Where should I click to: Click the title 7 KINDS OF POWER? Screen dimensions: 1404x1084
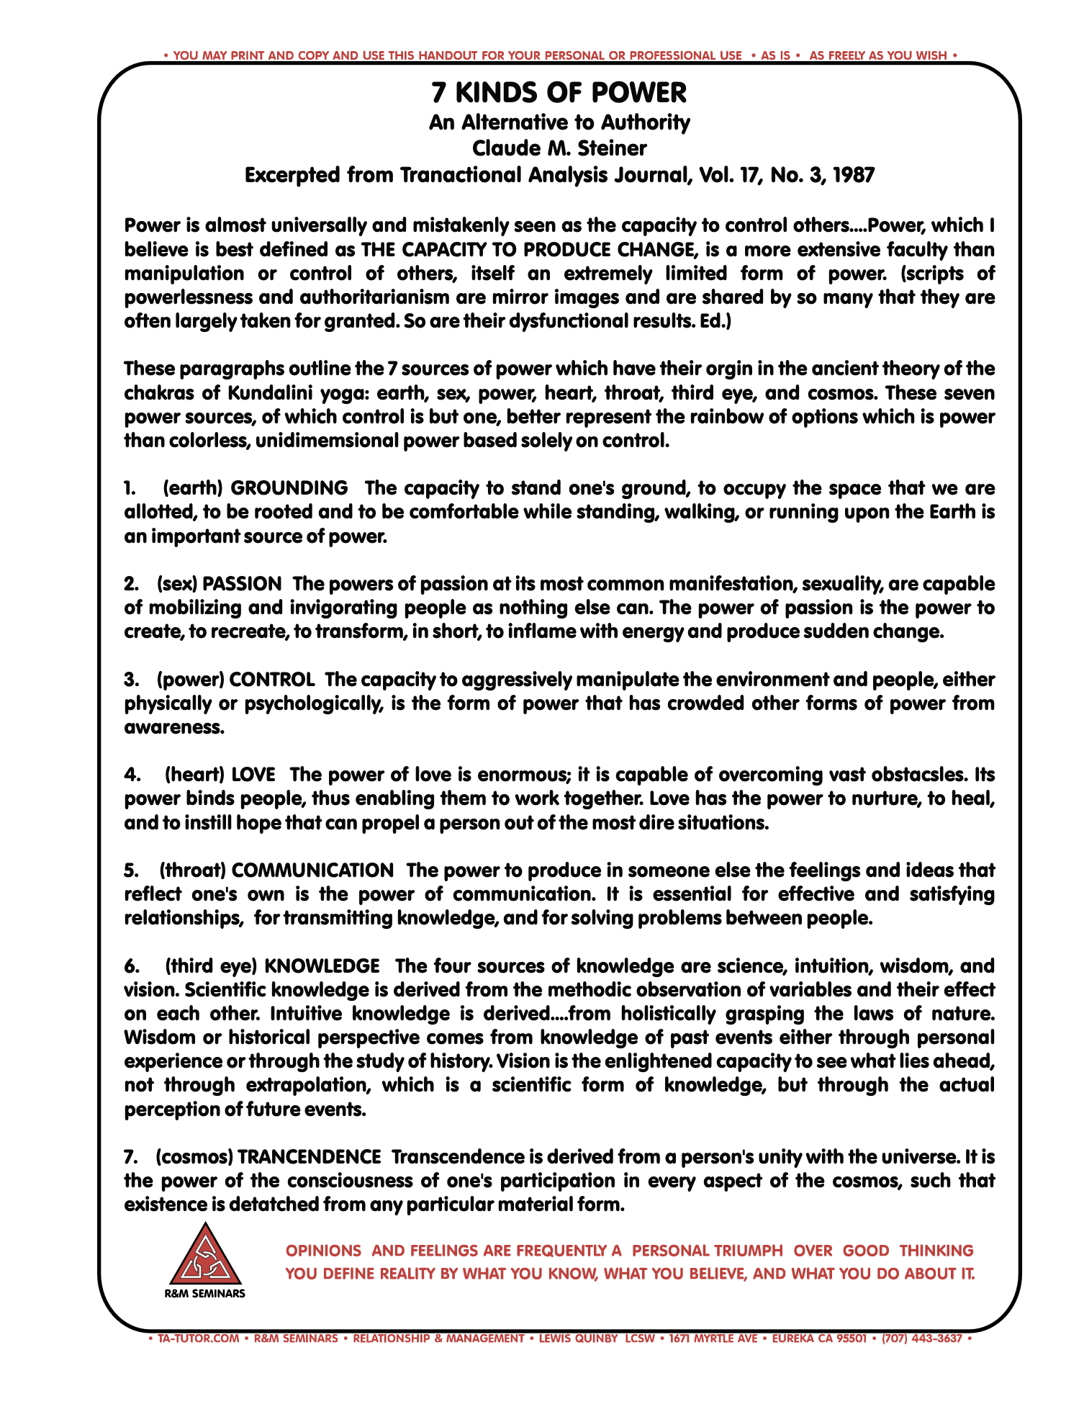tap(559, 93)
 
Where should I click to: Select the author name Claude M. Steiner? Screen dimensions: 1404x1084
tap(559, 148)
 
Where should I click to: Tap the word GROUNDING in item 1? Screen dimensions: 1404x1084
tap(289, 488)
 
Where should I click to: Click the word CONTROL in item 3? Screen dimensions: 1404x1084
tap(272, 680)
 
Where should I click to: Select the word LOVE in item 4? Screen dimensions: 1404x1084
tap(253, 775)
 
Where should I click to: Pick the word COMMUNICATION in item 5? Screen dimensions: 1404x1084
tap(312, 870)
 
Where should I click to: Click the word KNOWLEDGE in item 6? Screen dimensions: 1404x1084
tap(322, 966)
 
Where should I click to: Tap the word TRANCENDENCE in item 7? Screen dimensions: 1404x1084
tap(309, 1157)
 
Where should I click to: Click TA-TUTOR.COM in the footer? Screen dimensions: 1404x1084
tap(198, 1338)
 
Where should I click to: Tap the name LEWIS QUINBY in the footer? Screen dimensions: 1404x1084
tap(578, 1338)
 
